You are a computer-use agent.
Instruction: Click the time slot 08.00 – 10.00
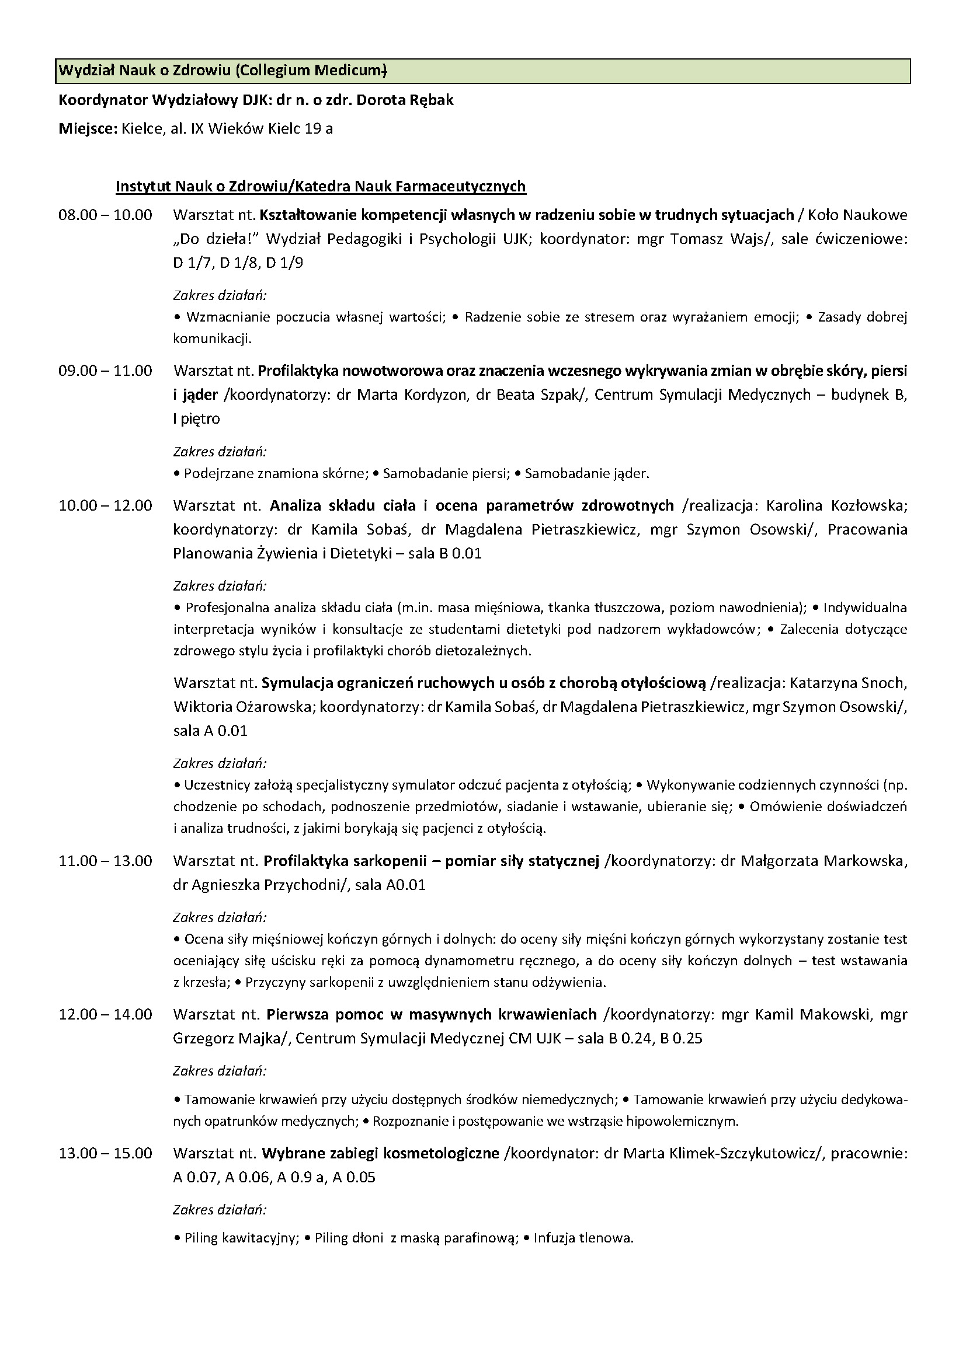105,215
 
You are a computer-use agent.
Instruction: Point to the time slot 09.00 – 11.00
105,371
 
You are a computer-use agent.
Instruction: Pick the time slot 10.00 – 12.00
105,506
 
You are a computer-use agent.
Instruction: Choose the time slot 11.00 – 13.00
105,861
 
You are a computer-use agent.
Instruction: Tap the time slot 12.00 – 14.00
105,1014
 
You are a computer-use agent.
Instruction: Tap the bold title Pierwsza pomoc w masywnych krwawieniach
431,1014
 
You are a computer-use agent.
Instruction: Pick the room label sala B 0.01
445,554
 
